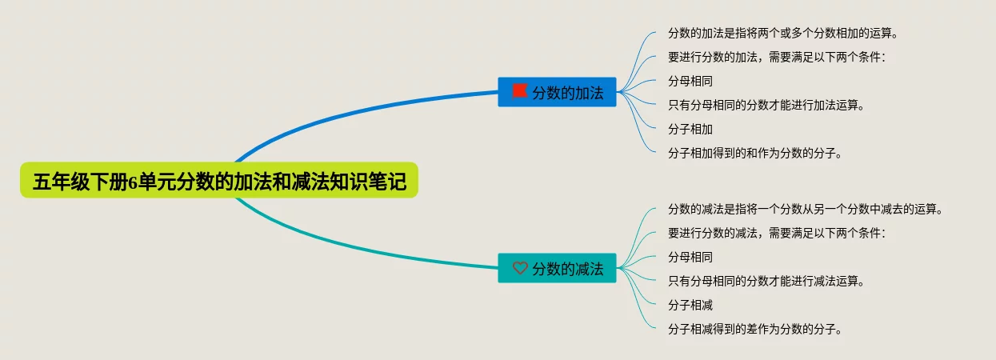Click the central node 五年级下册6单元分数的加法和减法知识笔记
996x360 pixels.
coord(218,182)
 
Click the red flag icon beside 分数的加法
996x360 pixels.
coord(520,91)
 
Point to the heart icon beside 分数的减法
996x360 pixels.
coord(520,269)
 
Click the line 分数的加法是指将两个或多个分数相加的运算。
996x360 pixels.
coord(782,34)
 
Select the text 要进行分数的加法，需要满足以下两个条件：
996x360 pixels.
coord(777,58)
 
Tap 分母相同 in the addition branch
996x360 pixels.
coord(690,82)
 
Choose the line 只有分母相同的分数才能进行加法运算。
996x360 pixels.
coord(766,106)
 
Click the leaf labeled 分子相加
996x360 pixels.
coord(690,130)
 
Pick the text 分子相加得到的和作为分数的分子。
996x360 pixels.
coord(754,154)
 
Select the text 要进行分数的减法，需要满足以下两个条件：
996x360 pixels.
coord(777,234)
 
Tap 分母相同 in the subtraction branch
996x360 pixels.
coord(690,258)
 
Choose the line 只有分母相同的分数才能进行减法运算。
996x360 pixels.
coord(766,282)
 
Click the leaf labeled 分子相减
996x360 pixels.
coord(690,306)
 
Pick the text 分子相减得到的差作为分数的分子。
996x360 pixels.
coord(754,330)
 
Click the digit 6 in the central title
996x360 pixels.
coord(133,182)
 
